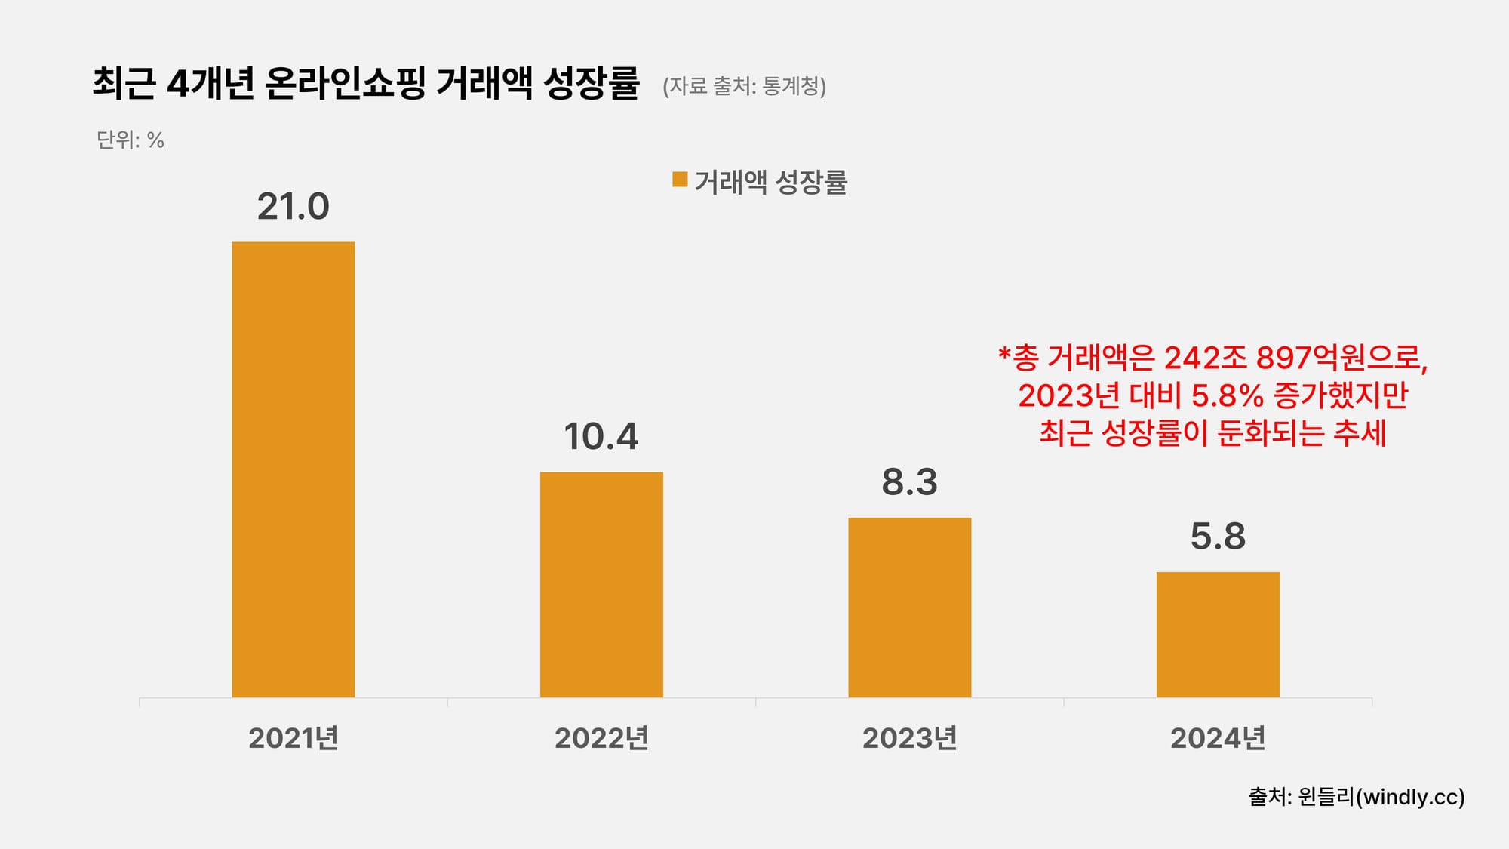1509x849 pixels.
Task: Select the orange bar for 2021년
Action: (293, 469)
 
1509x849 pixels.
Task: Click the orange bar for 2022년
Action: (601, 585)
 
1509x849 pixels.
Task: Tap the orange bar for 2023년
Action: (909, 608)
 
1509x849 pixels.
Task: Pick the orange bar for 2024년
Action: (1218, 635)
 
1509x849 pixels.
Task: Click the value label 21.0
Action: (293, 207)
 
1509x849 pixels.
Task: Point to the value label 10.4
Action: (601, 437)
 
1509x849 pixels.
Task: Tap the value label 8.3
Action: (909, 482)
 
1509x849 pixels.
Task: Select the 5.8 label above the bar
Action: (1218, 537)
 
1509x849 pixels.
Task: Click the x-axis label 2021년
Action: (293, 738)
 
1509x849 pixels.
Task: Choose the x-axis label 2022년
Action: (601, 738)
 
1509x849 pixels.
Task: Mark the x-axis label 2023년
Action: (909, 738)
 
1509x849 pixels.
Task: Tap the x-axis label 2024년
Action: (1218, 738)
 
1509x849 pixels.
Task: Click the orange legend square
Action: (680, 180)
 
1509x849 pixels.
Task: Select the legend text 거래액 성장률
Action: (770, 182)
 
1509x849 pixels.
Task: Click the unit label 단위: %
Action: (130, 140)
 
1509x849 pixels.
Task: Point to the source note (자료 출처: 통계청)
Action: (744, 86)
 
